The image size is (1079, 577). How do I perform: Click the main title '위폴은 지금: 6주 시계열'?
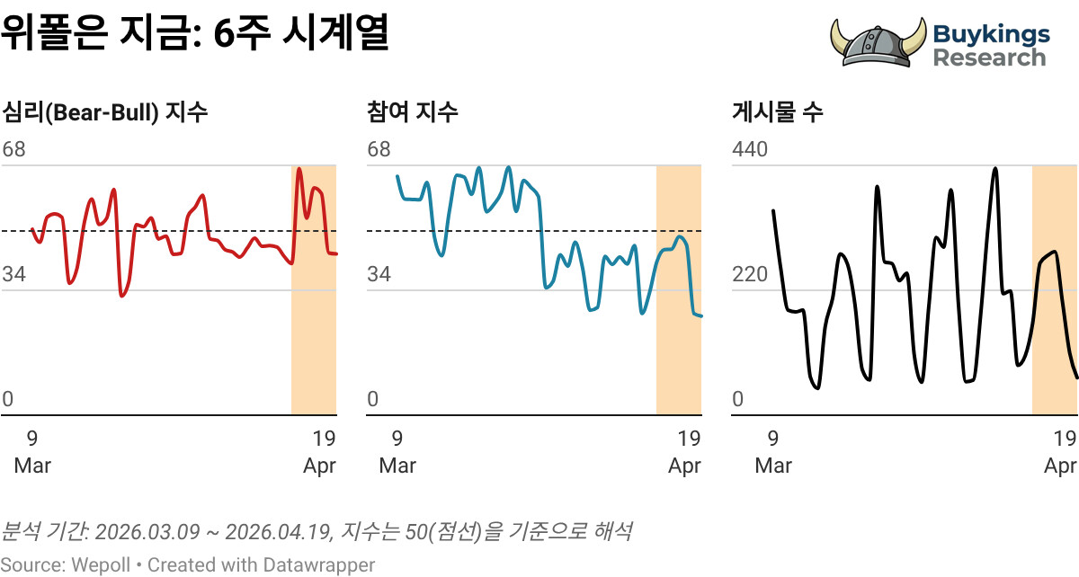(x=194, y=35)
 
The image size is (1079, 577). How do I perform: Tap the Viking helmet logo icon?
(x=877, y=42)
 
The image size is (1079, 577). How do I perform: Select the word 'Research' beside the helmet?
(x=989, y=58)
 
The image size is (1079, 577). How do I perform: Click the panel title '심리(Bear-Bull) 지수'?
(x=105, y=112)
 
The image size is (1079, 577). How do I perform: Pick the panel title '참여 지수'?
(x=413, y=112)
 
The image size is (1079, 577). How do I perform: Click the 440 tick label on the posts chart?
(x=750, y=149)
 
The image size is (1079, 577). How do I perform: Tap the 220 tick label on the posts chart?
(x=750, y=274)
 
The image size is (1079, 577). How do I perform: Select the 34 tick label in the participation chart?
(x=379, y=274)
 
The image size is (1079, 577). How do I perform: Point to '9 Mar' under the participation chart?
(x=397, y=452)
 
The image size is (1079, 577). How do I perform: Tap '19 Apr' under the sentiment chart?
(x=320, y=452)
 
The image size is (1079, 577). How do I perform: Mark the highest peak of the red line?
(x=299, y=169)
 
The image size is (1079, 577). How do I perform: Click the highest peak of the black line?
(x=995, y=168)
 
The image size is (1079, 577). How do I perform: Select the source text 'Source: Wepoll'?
(x=65, y=565)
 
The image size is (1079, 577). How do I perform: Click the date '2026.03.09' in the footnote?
(x=147, y=531)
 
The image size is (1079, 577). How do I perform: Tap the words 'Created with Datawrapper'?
(x=261, y=565)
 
